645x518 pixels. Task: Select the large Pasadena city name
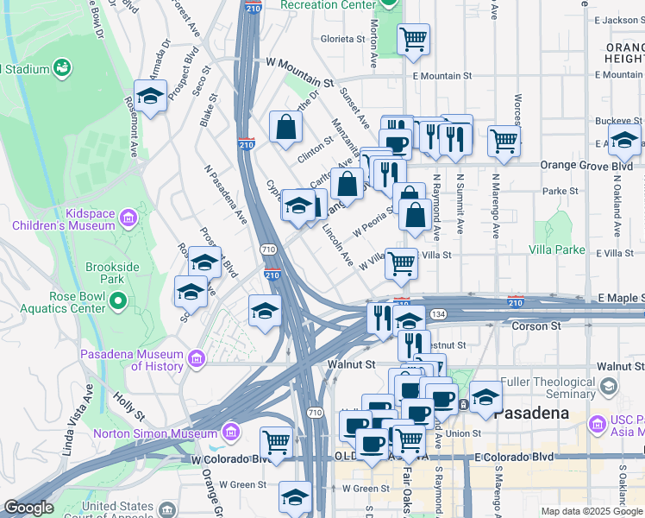pos(535,413)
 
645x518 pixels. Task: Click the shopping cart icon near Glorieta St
pos(413,39)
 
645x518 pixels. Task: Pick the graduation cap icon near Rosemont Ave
pos(151,97)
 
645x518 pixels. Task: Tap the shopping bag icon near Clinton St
pos(285,129)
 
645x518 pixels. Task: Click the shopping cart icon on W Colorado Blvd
pos(276,442)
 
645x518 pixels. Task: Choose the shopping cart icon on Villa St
pos(401,264)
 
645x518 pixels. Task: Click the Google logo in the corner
pos(28,509)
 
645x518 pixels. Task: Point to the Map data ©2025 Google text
pos(591,511)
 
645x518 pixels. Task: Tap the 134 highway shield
pos(440,314)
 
